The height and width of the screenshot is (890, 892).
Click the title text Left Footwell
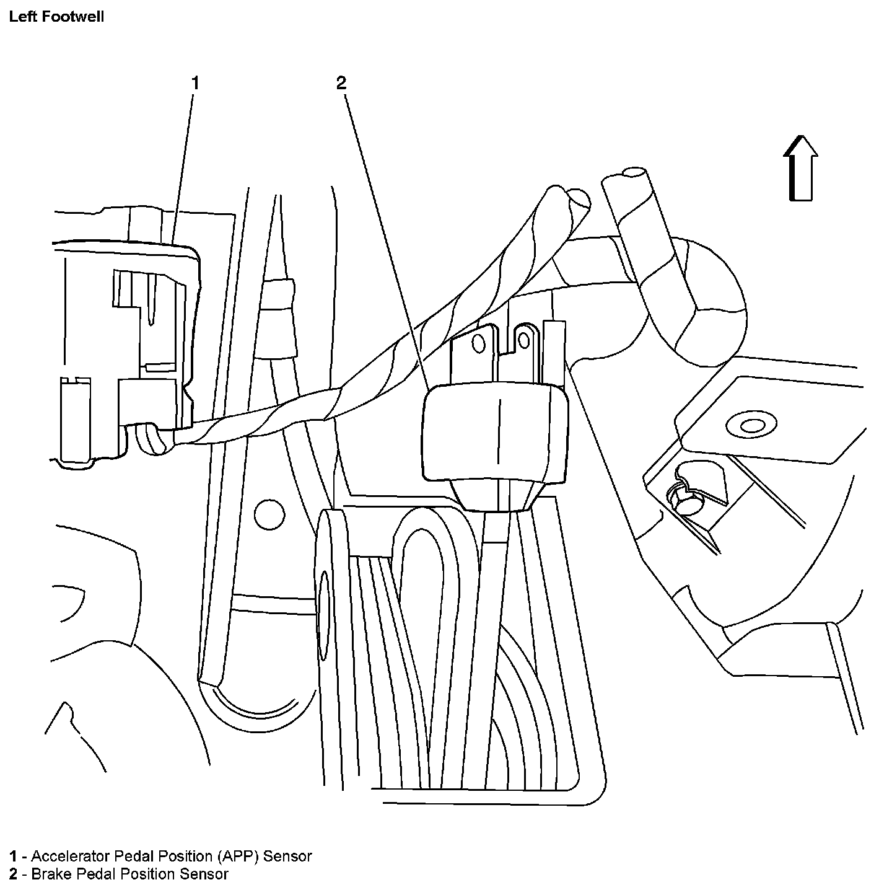coord(56,17)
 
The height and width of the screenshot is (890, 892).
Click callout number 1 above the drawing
coord(195,82)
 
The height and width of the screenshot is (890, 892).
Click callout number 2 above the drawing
coord(341,82)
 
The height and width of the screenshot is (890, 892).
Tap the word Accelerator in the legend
coord(71,856)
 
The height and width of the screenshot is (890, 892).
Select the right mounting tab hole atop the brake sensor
coord(525,340)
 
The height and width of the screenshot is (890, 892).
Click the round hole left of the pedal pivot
coord(270,514)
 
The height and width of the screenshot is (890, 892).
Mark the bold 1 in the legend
coord(13,856)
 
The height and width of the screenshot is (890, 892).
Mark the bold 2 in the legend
coord(13,874)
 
